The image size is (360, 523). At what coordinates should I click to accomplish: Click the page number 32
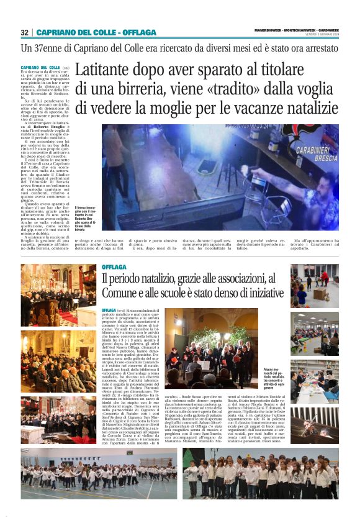tap(24, 32)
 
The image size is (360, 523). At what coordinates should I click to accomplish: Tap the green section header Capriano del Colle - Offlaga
tap(96, 32)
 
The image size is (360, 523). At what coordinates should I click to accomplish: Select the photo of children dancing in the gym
tap(99, 473)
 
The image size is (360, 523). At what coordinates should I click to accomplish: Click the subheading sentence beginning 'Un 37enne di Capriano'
tap(155, 48)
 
